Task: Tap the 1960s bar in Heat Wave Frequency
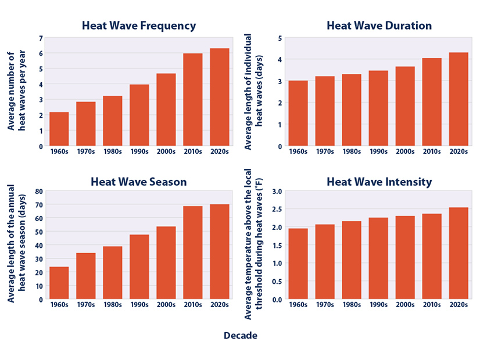click(x=59, y=129)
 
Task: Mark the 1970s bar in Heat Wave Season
click(x=86, y=276)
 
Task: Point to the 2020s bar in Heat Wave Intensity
click(x=458, y=254)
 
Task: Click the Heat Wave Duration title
click(x=379, y=26)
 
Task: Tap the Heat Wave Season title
click(x=138, y=182)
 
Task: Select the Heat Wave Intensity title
click(x=379, y=182)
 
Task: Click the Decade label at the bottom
click(x=240, y=336)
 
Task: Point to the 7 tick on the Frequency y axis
click(x=40, y=38)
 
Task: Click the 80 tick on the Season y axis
click(x=38, y=191)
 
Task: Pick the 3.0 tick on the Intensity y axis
click(x=277, y=191)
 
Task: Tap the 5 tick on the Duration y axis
click(x=280, y=38)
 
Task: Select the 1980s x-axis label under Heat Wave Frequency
click(x=113, y=152)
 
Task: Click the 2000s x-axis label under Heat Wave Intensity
click(x=405, y=305)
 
